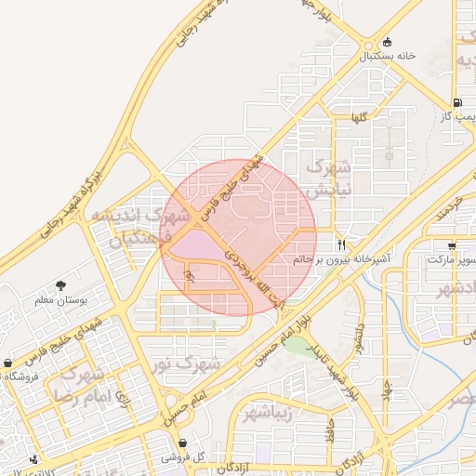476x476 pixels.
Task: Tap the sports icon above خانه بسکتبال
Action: (386, 42)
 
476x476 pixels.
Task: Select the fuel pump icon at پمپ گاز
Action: (457, 103)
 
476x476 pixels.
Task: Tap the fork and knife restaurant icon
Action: (342, 245)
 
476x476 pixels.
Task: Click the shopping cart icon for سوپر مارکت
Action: (452, 246)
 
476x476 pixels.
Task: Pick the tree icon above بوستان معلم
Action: (61, 285)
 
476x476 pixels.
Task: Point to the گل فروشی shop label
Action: (182, 457)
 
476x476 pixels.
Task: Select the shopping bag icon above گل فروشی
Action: (182, 443)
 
